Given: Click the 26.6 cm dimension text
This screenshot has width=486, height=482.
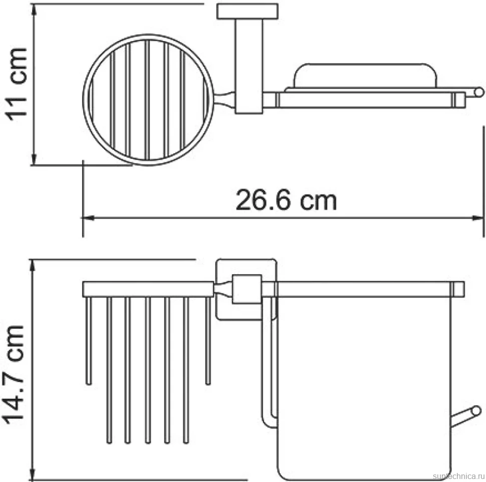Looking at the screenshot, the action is [x=286, y=200].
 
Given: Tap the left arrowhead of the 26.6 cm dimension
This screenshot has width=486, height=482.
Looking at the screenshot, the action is [x=88, y=218].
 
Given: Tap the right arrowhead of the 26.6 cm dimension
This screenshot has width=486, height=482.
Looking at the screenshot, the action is [x=477, y=218].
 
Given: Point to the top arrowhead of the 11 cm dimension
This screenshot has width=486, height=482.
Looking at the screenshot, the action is [x=35, y=10].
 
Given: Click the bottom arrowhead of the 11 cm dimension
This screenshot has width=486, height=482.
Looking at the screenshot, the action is [x=35, y=159].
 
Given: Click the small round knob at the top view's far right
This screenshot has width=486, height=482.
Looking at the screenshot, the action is [x=479, y=92].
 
